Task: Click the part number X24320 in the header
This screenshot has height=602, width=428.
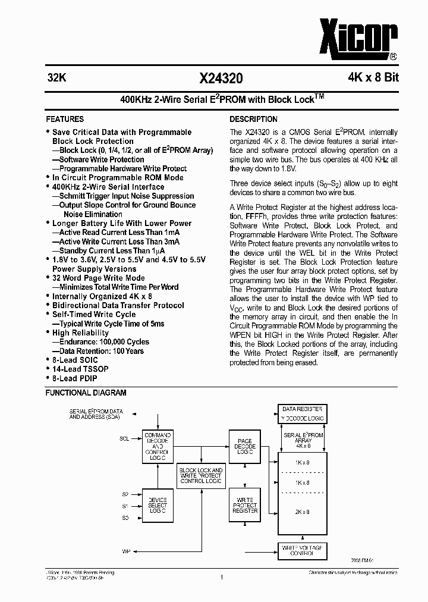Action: [221, 78]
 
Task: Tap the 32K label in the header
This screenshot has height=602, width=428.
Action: [56, 78]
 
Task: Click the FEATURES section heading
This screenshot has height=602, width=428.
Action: [65, 119]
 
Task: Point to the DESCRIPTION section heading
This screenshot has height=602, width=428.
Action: [253, 119]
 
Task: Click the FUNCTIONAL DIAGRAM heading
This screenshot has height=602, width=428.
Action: [86, 393]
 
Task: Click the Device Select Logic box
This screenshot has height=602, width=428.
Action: [158, 506]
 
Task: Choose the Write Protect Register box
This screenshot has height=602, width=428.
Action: [245, 506]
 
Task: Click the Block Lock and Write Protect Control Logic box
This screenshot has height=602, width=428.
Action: [201, 475]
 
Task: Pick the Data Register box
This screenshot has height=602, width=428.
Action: [302, 409]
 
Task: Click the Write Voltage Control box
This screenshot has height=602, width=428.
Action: [302, 550]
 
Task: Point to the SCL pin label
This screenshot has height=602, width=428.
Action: [124, 438]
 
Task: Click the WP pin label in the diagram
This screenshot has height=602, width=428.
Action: [125, 551]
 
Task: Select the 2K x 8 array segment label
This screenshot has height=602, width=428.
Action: [302, 512]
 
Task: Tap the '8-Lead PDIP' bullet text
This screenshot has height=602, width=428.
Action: [74, 378]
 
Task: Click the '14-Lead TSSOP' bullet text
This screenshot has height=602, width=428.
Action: [80, 369]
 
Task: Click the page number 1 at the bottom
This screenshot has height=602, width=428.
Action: [221, 577]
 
